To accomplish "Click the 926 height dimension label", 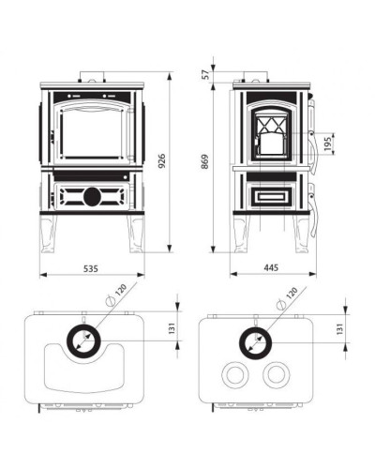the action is (161, 161).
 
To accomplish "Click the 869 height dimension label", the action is (204, 161).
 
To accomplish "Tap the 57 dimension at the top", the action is (206, 74).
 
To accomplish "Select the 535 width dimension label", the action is (91, 268).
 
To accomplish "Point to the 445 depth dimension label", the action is (271, 267).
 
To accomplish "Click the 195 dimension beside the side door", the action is (327, 144).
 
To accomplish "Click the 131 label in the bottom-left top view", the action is (172, 328).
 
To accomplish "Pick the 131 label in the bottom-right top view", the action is (340, 328).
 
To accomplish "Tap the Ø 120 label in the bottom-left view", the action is (116, 295).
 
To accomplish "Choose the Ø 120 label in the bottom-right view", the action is (287, 298).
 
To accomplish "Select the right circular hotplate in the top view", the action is (277, 374).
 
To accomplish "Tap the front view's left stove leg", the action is (48, 234).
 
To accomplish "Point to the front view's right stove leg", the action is (135, 234).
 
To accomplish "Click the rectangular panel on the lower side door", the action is (270, 196).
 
